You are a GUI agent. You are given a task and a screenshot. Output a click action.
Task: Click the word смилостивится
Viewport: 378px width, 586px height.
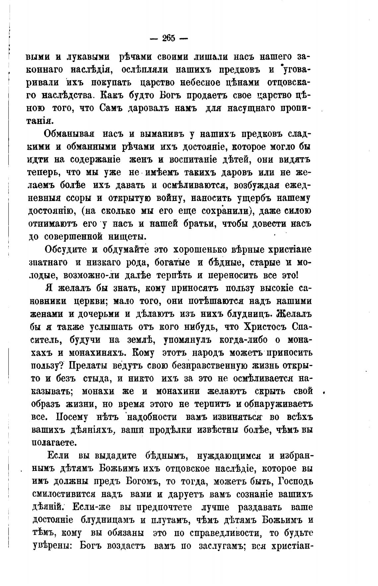pos(73,493)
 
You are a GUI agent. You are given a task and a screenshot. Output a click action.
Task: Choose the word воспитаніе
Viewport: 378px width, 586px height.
pos(202,160)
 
